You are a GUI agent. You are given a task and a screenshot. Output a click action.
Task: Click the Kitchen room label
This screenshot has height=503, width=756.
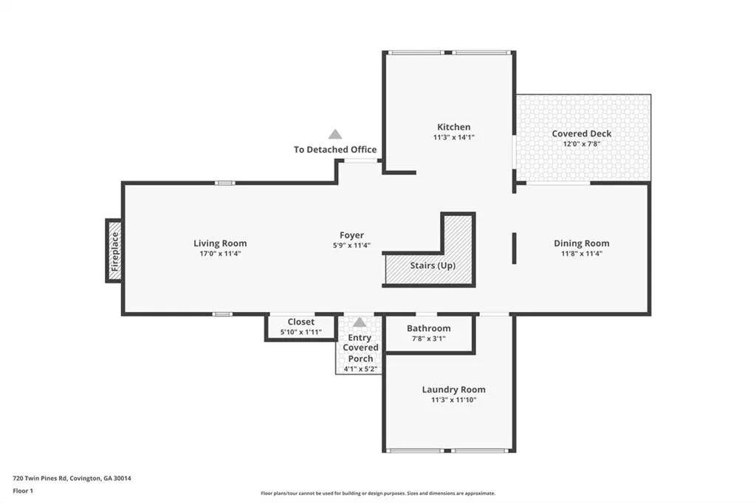coord(454,127)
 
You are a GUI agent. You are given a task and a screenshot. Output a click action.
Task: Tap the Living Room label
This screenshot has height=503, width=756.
coord(220,243)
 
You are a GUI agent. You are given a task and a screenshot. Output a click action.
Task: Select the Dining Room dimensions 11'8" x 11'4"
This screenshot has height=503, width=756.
coord(582,254)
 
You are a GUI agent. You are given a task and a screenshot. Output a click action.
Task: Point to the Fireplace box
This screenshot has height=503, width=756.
coord(114,251)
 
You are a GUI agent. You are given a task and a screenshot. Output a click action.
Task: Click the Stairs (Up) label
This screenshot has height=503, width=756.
coord(433,266)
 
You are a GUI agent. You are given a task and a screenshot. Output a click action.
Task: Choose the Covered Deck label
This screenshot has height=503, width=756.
coord(582,133)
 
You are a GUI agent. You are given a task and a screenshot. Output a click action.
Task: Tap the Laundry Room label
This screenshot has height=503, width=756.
coord(454,389)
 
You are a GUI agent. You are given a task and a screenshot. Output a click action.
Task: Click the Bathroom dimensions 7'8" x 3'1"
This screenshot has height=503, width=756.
coord(429,339)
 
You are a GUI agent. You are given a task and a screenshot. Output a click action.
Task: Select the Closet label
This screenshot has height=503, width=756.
coord(301,322)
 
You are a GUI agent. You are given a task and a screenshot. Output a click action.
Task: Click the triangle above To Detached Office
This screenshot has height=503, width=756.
coord(335,134)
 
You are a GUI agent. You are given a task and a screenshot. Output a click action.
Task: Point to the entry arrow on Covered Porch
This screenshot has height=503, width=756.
coord(360,322)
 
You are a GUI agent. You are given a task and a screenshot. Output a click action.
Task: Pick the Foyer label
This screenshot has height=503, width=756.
coord(351,235)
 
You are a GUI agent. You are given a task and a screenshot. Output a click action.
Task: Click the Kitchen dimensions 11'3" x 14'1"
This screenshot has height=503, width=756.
coord(454,137)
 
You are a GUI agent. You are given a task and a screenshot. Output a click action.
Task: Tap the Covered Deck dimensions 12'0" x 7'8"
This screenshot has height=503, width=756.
coord(582,144)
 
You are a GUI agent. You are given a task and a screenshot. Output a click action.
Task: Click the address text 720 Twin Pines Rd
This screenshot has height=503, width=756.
coord(40,479)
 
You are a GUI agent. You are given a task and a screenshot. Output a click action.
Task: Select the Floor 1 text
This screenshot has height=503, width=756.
coord(23,491)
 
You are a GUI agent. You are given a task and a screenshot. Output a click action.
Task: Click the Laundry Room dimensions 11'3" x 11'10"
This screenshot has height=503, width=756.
coord(454,400)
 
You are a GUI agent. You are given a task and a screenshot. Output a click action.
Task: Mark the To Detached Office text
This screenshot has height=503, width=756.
coord(335,150)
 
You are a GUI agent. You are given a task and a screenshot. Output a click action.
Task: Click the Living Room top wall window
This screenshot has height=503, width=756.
coord(224,183)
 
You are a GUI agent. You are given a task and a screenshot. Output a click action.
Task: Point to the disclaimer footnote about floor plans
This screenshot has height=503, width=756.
coord(378,493)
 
